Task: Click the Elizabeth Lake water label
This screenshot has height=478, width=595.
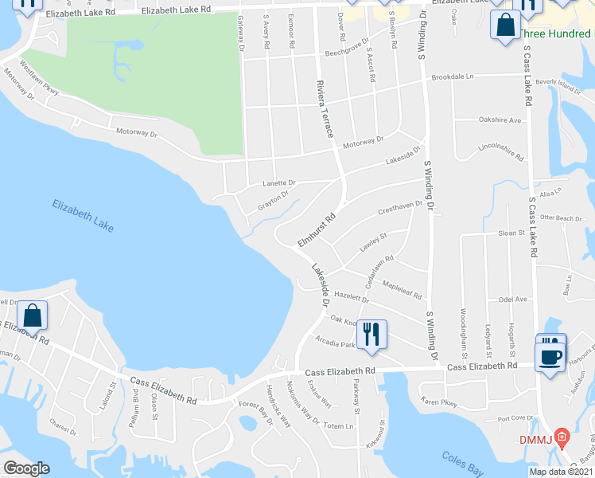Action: [84, 215]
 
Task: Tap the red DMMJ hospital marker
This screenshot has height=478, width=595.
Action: [562, 437]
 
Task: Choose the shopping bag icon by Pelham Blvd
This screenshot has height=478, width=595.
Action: [33, 316]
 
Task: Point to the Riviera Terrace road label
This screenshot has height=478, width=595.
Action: [325, 111]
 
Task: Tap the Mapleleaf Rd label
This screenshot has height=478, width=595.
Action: [402, 289]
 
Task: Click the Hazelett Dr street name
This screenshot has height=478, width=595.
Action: [352, 296]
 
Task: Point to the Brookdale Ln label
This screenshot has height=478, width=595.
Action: [452, 77]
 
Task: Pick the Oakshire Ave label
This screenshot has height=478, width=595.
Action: [500, 119]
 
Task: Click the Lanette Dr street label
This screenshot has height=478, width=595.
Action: [278, 183]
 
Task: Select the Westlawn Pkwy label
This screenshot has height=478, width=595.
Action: [40, 79]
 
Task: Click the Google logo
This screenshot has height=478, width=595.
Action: [25, 468]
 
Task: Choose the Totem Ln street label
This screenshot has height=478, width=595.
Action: [339, 426]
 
